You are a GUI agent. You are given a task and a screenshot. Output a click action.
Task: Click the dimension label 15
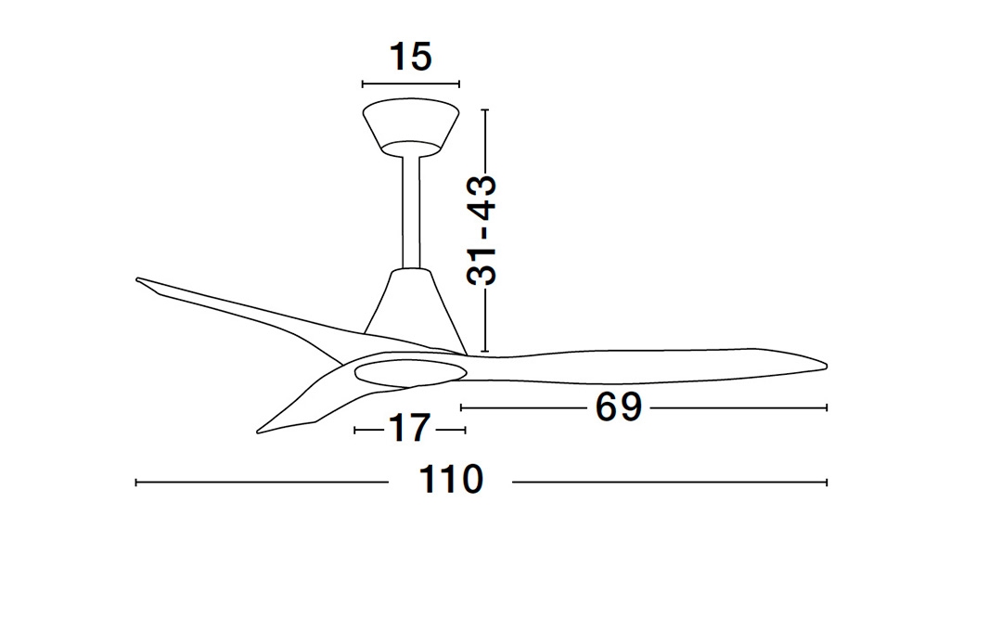(x=411, y=58)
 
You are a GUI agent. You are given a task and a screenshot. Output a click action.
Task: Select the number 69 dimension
(x=619, y=407)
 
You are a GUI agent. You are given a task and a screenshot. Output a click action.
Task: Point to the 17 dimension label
(x=409, y=429)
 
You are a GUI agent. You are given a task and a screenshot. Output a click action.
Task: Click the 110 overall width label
(x=451, y=481)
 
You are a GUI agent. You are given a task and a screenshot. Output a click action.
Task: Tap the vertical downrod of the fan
(x=411, y=212)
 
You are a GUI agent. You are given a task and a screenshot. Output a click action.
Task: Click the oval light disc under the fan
(x=409, y=372)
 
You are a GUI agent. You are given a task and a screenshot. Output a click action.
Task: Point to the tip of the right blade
(x=823, y=365)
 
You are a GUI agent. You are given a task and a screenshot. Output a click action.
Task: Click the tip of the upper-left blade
(x=138, y=279)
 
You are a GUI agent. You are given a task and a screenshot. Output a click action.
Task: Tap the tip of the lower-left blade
(x=260, y=432)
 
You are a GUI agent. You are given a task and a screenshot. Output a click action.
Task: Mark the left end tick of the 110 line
(x=136, y=482)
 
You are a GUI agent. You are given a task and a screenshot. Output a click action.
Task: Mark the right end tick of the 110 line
(x=827, y=482)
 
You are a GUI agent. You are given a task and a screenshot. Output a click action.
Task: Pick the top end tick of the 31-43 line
(x=484, y=110)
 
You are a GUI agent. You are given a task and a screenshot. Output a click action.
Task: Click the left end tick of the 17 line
(x=356, y=430)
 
